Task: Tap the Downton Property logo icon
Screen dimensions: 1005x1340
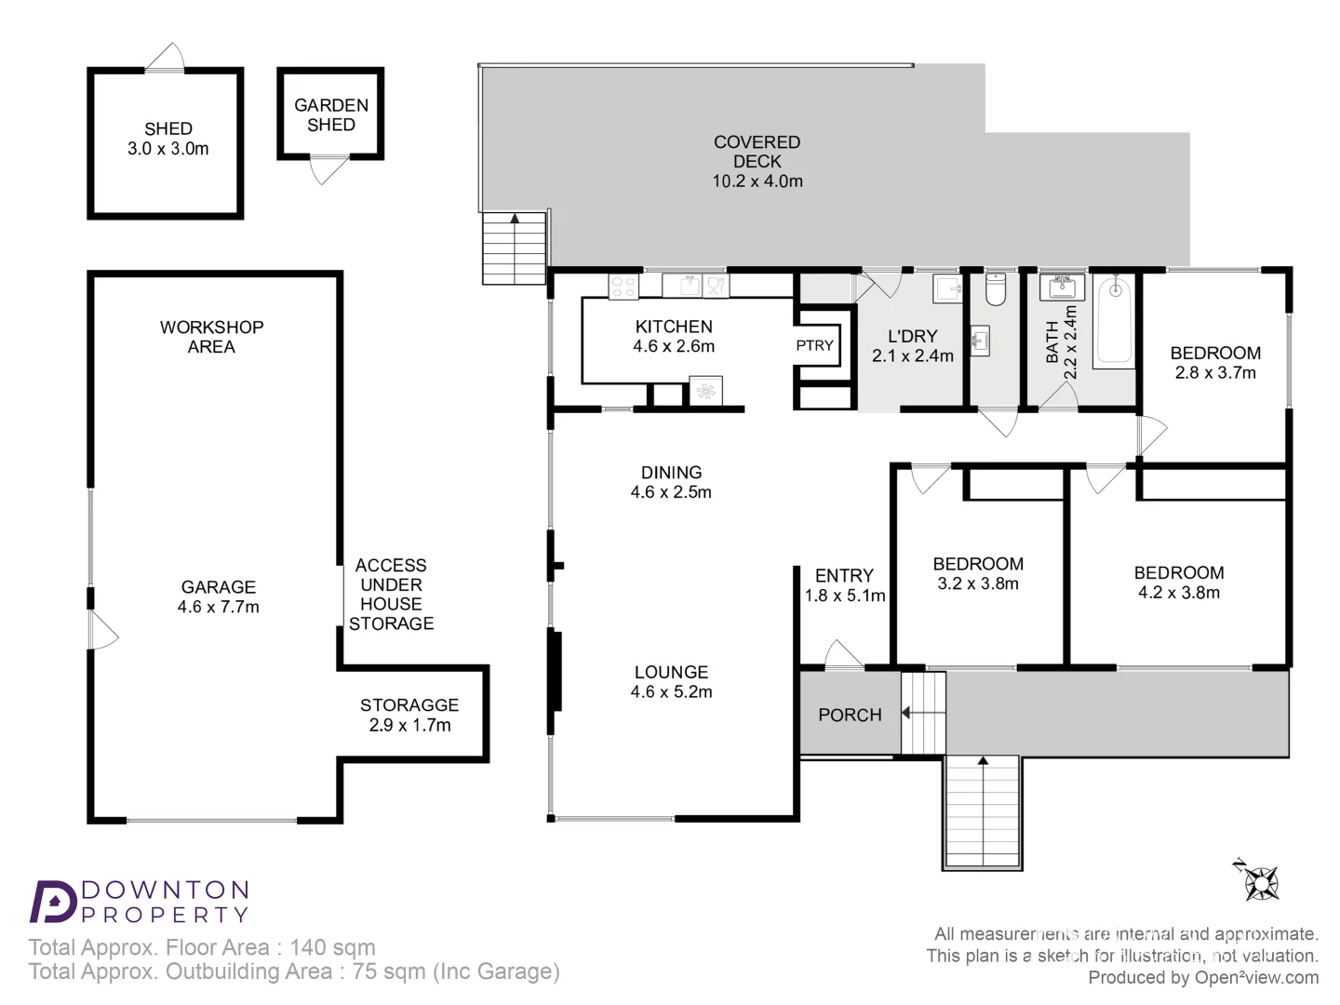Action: [x=52, y=901]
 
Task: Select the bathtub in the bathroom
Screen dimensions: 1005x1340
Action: [x=1114, y=321]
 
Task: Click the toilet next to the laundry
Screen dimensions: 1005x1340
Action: [x=995, y=289]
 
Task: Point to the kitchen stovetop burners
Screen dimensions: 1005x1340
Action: [x=623, y=286]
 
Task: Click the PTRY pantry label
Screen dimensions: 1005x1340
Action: [x=814, y=345]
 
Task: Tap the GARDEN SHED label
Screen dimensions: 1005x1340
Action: [x=331, y=114]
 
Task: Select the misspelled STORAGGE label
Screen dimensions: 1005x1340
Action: [x=409, y=704]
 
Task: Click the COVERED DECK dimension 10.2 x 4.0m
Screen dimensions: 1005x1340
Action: [x=757, y=181]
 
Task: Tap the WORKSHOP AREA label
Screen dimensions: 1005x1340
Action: [x=211, y=337]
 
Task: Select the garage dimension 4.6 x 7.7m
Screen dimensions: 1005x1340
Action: [x=219, y=607]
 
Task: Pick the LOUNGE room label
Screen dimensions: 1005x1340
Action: [x=671, y=672]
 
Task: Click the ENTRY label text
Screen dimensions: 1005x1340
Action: [x=844, y=575]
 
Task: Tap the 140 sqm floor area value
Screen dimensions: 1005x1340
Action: [x=332, y=947]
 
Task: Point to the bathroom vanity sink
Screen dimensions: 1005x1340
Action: [x=1062, y=287]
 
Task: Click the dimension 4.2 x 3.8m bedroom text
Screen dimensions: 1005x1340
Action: [x=1179, y=593]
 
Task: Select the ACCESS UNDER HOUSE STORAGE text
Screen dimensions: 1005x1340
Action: [x=391, y=594]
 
